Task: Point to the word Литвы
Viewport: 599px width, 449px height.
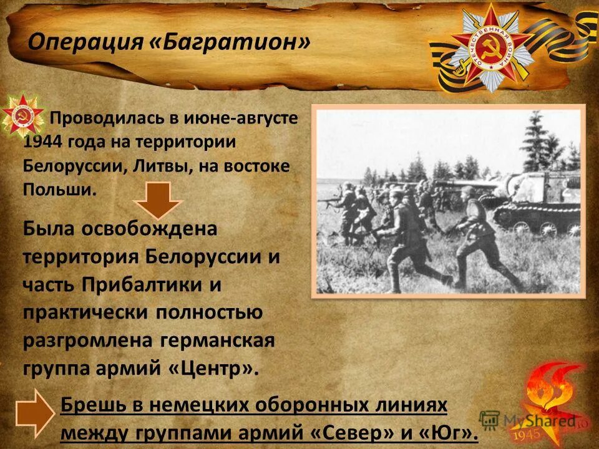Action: click(x=156, y=166)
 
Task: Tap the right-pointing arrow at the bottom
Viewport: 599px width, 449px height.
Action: click(x=35, y=413)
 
